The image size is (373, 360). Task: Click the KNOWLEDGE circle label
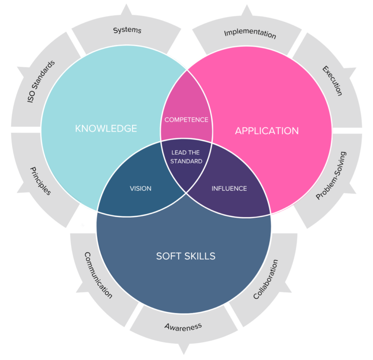(x=106, y=128)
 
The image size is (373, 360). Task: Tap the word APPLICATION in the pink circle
(x=267, y=131)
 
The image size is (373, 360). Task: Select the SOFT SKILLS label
(x=186, y=256)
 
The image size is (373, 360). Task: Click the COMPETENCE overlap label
(x=186, y=120)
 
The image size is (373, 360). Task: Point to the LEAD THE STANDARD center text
(x=186, y=157)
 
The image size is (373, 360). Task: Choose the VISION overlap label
(x=140, y=189)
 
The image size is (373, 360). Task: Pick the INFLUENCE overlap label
(x=229, y=189)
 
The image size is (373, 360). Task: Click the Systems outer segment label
(x=127, y=30)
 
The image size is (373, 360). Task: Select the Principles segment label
(x=40, y=181)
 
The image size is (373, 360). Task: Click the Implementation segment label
(x=250, y=34)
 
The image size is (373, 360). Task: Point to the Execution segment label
(x=332, y=81)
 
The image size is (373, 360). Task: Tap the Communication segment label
(x=98, y=275)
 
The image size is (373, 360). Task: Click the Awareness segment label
(x=183, y=326)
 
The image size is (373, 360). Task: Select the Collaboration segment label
(x=266, y=280)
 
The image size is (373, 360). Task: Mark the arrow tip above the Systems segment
(x=127, y=5)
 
